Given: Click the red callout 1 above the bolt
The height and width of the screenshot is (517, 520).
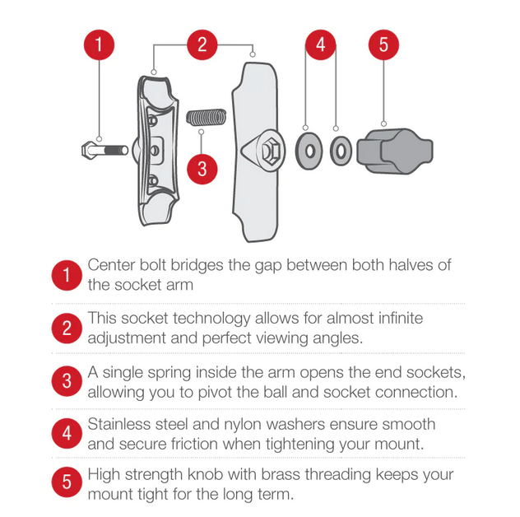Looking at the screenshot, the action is (99, 44).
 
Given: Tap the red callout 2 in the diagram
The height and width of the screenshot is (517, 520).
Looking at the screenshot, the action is (202, 44).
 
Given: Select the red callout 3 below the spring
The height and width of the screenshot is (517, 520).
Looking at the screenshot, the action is (202, 169).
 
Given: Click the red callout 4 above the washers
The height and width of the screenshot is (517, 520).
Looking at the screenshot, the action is (320, 44).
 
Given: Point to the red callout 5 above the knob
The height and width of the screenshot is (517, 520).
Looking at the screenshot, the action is (383, 44).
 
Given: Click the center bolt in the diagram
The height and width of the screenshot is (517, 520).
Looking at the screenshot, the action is (104, 151).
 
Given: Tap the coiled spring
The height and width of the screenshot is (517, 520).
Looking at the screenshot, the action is (207, 117).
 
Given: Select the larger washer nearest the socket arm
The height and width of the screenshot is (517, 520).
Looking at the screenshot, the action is (309, 151).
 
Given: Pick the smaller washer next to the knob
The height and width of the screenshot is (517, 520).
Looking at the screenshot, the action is (341, 151).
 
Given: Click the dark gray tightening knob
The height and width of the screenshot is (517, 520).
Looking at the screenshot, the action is (395, 151).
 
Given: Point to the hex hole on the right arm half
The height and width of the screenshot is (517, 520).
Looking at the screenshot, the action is (271, 151).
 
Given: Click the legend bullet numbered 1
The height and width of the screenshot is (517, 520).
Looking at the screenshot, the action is (67, 275).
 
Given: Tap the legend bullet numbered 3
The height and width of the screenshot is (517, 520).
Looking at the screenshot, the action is (67, 381).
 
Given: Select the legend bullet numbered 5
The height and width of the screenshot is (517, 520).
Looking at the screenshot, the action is (67, 482).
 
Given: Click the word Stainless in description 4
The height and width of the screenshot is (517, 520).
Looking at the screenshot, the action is (119, 424).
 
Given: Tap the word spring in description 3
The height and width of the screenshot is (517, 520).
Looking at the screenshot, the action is (169, 373).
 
